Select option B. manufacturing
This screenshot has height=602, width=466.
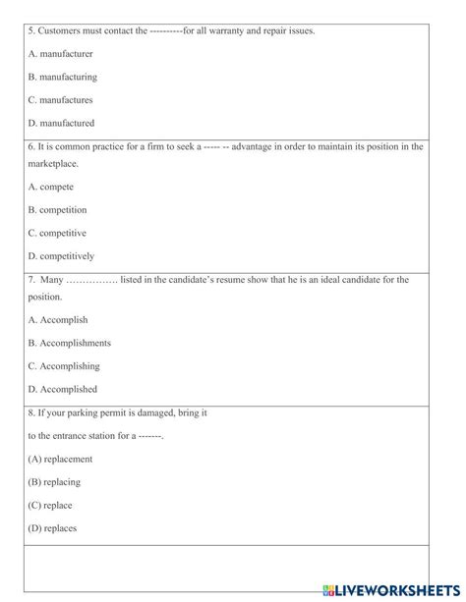pyautogui.click(x=62, y=77)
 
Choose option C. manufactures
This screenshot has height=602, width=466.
pyautogui.click(x=60, y=100)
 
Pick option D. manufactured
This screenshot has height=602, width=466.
pyautogui.click(x=61, y=124)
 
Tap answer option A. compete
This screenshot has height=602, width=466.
pyautogui.click(x=51, y=186)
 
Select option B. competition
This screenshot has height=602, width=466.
pyautogui.click(x=57, y=209)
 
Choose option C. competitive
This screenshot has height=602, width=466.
pyautogui.click(x=57, y=233)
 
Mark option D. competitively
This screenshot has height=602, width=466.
pyautogui.click(x=61, y=256)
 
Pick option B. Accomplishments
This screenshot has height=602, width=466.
pyautogui.click(x=69, y=343)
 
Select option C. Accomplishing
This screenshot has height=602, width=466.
pyautogui.click(x=64, y=366)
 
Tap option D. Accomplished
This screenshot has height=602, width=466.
pyautogui.click(x=63, y=390)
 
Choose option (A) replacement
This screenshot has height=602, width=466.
pyautogui.click(x=60, y=458)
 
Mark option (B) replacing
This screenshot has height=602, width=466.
pyautogui.click(x=55, y=481)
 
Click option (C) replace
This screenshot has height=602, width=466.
pyautogui.click(x=50, y=505)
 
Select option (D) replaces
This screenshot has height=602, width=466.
pyautogui.click(x=52, y=528)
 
